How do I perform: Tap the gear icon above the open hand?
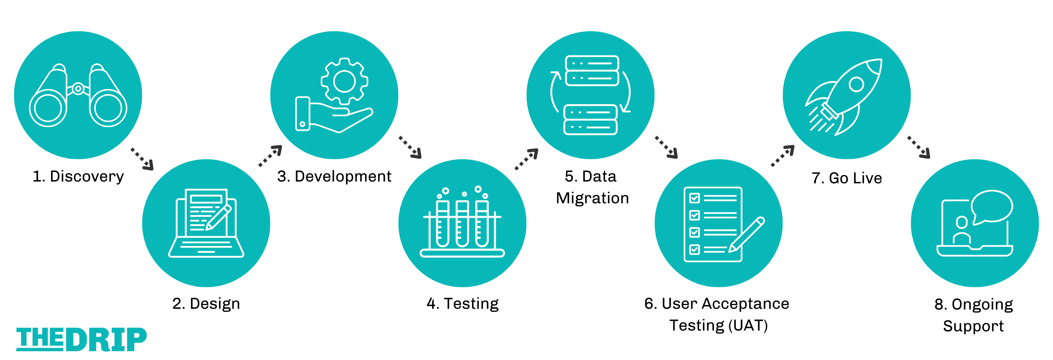[344, 81]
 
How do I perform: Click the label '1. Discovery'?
[78, 176]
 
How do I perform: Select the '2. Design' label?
[206, 304]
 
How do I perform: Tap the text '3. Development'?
[334, 176]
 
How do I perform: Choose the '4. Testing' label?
[462, 304]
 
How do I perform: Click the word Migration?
[592, 198]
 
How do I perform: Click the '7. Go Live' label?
[846, 178]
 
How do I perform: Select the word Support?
[973, 326]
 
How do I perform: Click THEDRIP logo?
[81, 339]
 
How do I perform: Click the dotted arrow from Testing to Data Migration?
[526, 159]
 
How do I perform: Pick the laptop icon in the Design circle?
[206, 223]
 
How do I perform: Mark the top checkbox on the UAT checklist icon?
[694, 198]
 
